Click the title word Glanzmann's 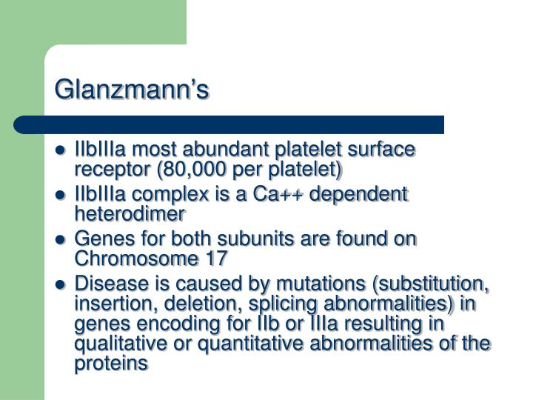[x=133, y=89]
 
